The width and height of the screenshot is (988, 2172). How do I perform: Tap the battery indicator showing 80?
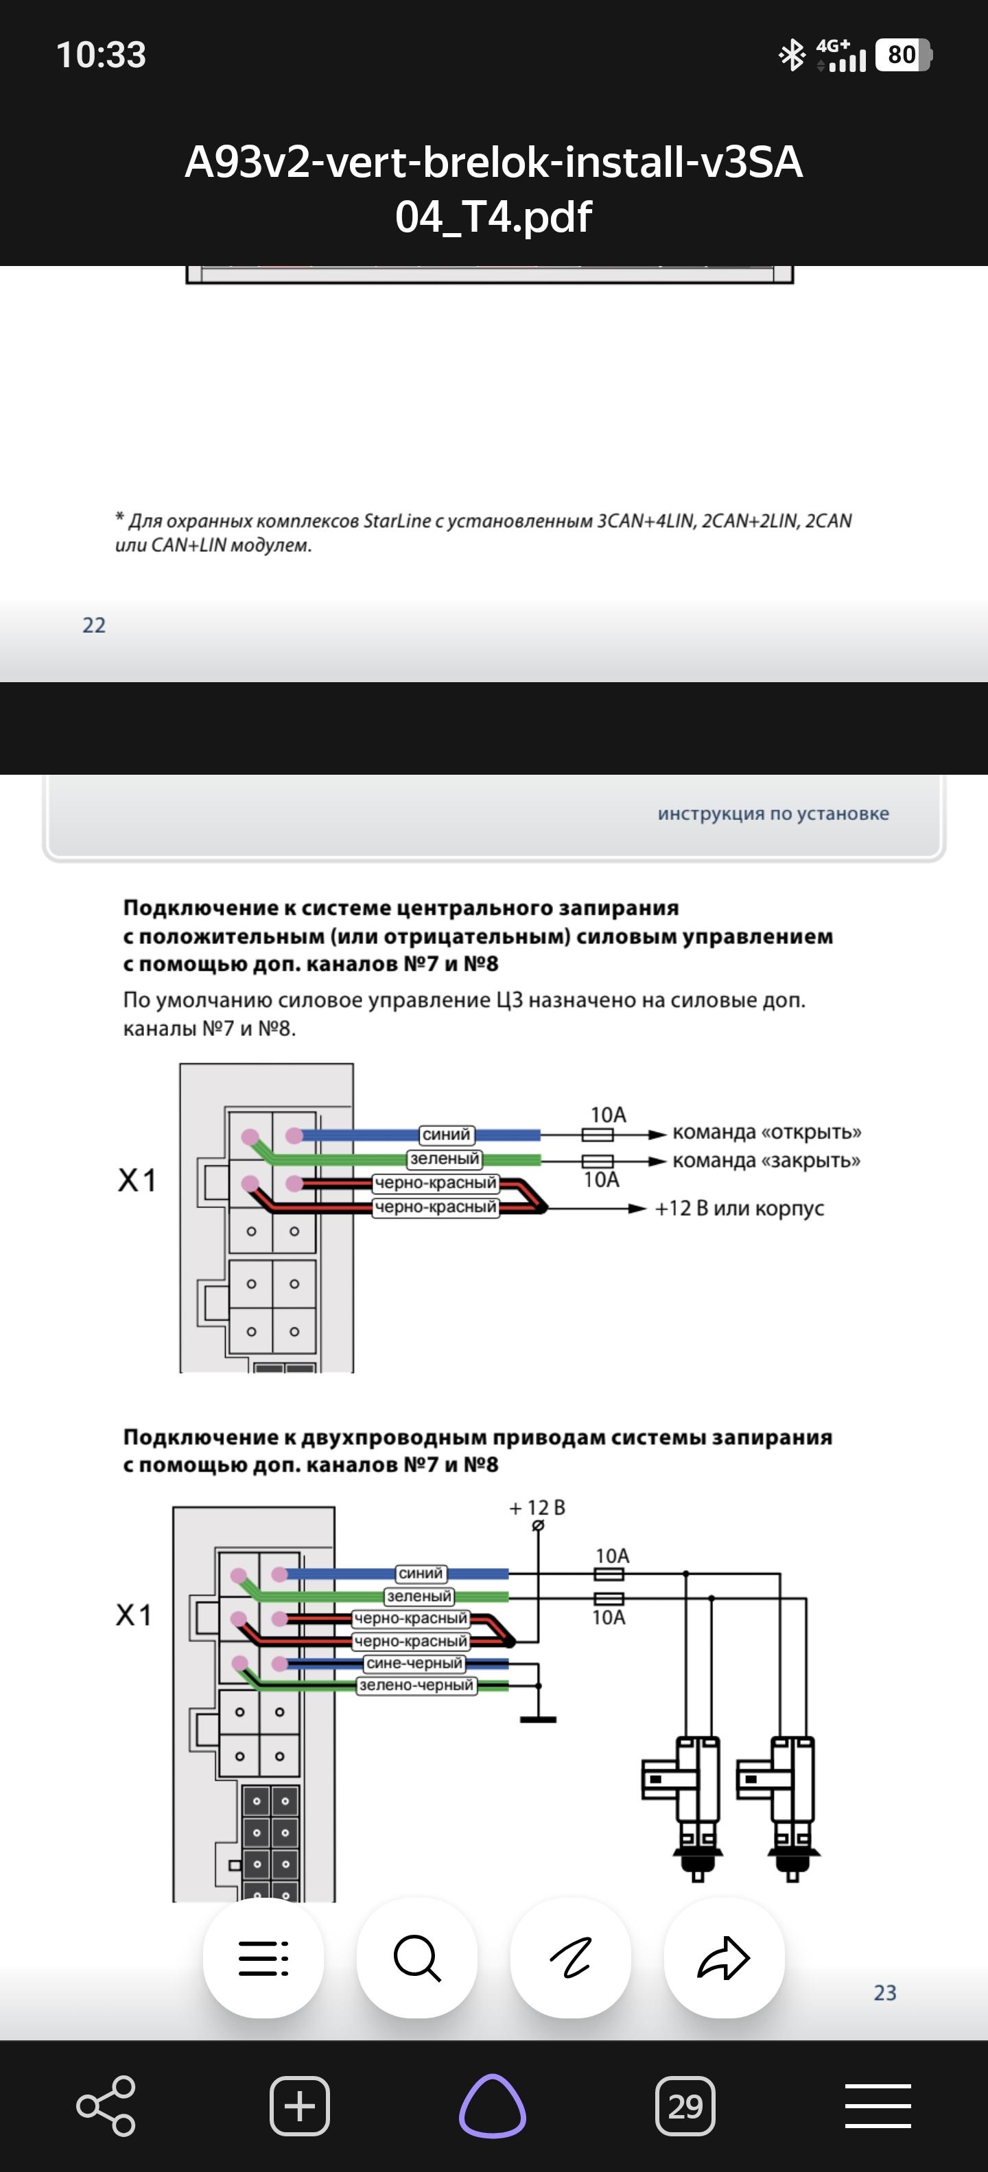tap(903, 55)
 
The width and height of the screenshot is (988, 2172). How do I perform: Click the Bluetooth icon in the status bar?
tap(791, 56)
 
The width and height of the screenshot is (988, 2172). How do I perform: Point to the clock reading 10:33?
tap(102, 55)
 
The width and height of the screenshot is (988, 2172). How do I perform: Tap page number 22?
tap(93, 625)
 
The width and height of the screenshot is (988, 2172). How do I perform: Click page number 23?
tap(885, 1992)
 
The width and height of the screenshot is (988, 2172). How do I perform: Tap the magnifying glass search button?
tap(416, 1958)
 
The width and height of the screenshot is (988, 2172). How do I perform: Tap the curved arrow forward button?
tap(724, 1958)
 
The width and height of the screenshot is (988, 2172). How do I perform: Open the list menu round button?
tap(263, 1958)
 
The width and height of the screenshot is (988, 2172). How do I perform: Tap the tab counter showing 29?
tap(685, 2106)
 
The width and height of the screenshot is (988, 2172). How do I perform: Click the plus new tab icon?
tap(300, 2106)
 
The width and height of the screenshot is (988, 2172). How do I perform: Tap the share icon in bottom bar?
tap(106, 2106)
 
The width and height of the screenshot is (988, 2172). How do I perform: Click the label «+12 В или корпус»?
tap(739, 1208)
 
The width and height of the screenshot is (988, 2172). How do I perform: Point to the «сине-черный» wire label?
tap(414, 1663)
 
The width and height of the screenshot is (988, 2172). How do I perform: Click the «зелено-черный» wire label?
tap(416, 1685)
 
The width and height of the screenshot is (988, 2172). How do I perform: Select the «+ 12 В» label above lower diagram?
tap(537, 1508)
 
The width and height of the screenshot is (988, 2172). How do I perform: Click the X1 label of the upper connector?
tap(137, 1181)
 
